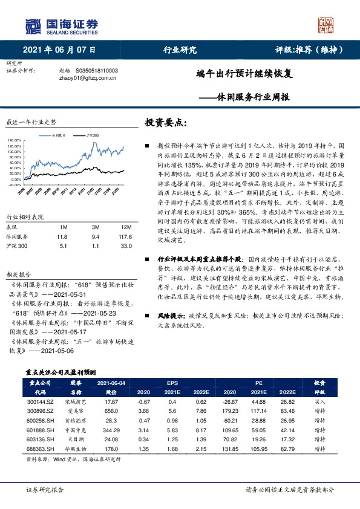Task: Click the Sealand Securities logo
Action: [x=61, y=25]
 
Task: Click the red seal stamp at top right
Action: [x=326, y=25]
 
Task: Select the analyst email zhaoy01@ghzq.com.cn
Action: [x=80, y=78]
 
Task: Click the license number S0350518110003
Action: [x=97, y=71]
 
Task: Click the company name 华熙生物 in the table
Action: [x=76, y=450]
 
